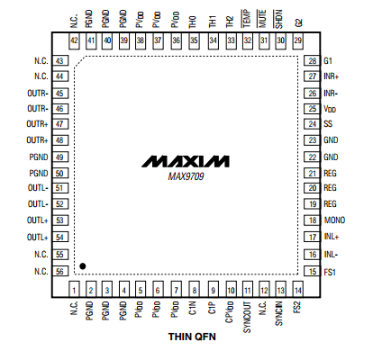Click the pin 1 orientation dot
click(x=83, y=266)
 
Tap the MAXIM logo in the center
click(x=186, y=161)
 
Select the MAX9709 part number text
click(x=186, y=176)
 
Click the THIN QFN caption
click(x=192, y=337)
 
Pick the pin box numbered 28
click(x=312, y=60)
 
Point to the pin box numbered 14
click(x=297, y=289)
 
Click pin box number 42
click(x=74, y=40)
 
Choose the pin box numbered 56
click(x=60, y=271)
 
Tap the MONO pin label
click(x=334, y=220)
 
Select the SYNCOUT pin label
click(x=247, y=317)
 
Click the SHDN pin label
click(x=278, y=19)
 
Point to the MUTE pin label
click(x=261, y=19)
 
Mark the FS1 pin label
click(x=330, y=272)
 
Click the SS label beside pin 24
click(x=328, y=124)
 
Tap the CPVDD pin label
click(x=230, y=312)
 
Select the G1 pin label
click(x=328, y=61)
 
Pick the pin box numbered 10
click(x=231, y=289)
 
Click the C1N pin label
click(x=193, y=308)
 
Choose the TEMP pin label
click(x=246, y=19)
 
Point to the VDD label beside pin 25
click(x=330, y=109)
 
